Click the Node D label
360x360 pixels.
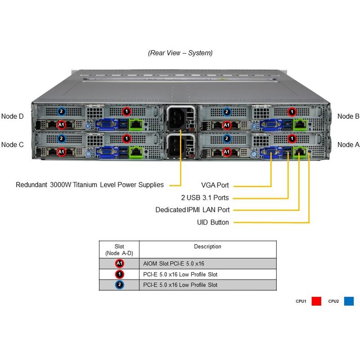[x=12, y=116]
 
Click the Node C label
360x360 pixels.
[x=12, y=144]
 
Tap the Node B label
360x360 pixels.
[x=348, y=116]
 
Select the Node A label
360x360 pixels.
[x=348, y=144]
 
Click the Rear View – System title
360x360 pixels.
[x=180, y=53]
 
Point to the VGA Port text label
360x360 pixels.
[x=215, y=185]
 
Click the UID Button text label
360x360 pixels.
[x=213, y=222]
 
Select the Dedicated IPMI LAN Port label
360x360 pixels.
[x=192, y=210]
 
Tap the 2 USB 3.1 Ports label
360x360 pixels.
[x=205, y=198]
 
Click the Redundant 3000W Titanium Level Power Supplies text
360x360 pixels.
[x=89, y=184]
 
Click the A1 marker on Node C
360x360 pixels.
[x=62, y=152]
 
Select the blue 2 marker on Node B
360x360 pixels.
[x=227, y=112]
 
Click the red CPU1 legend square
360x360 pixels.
[x=316, y=301]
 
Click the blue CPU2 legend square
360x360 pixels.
[x=349, y=301]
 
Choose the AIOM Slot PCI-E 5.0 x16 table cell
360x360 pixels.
[x=176, y=264]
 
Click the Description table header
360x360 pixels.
[x=207, y=247]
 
